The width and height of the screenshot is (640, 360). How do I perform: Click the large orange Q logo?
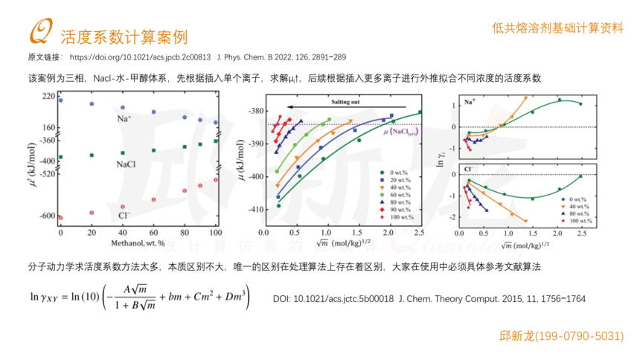coord(39,32)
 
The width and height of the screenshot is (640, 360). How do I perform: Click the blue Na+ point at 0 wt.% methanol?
coord(61,100)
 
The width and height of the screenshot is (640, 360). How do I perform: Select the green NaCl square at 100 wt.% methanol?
coord(216,141)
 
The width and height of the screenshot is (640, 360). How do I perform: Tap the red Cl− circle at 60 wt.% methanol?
coord(153,199)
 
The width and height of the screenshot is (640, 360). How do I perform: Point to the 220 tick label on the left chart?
coord(48,96)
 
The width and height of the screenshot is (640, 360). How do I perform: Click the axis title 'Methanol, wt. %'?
coord(138,243)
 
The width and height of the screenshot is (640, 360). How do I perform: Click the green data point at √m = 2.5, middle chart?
coord(420,112)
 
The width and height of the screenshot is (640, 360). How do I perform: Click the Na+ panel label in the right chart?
coord(470,101)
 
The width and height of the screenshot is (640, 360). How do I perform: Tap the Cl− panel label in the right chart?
coord(470,170)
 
